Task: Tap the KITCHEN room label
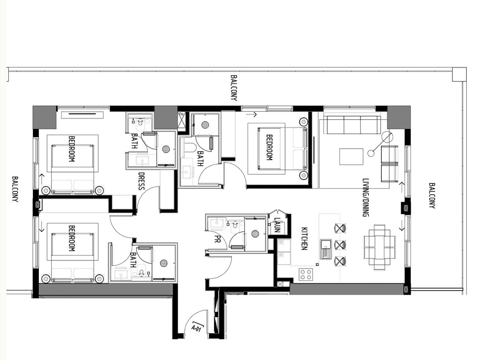(x=304, y=239)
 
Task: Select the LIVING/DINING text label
(x=366, y=197)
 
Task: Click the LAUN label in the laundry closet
(x=277, y=225)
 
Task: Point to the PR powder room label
(x=218, y=239)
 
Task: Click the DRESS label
(x=142, y=181)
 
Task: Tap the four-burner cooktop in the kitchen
(x=306, y=274)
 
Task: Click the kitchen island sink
(x=326, y=249)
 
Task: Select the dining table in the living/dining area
(x=379, y=247)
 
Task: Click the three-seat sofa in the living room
(x=354, y=125)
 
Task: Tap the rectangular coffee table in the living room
(x=351, y=156)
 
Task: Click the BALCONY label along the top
(x=234, y=88)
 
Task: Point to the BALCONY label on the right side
(x=432, y=196)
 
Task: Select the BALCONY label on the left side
(x=15, y=189)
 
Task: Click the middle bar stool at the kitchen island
(x=340, y=245)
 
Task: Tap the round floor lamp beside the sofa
(x=387, y=137)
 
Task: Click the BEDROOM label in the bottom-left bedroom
(x=72, y=238)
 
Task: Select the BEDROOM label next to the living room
(x=269, y=147)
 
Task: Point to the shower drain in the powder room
(x=255, y=234)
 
